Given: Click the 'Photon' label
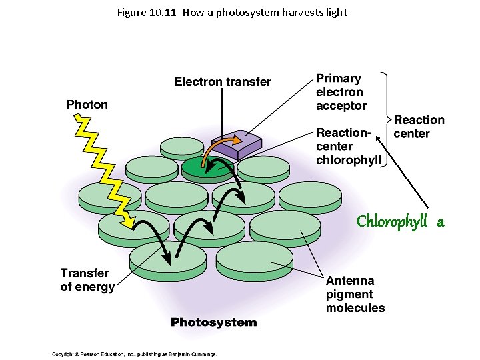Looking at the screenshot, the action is (87, 105).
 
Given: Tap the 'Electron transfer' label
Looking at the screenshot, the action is (223, 82).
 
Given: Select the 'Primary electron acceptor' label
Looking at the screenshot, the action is (341, 92).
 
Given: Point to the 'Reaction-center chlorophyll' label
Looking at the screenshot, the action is (348, 147).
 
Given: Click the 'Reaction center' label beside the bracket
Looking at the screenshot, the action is (419, 127).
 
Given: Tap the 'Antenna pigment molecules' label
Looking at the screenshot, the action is (355, 295).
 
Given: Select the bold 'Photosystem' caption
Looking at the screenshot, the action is (213, 323).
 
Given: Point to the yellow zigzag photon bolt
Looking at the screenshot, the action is (103, 167).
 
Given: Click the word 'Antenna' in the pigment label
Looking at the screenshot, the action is (350, 281).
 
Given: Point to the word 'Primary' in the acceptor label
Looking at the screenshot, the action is (338, 79).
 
